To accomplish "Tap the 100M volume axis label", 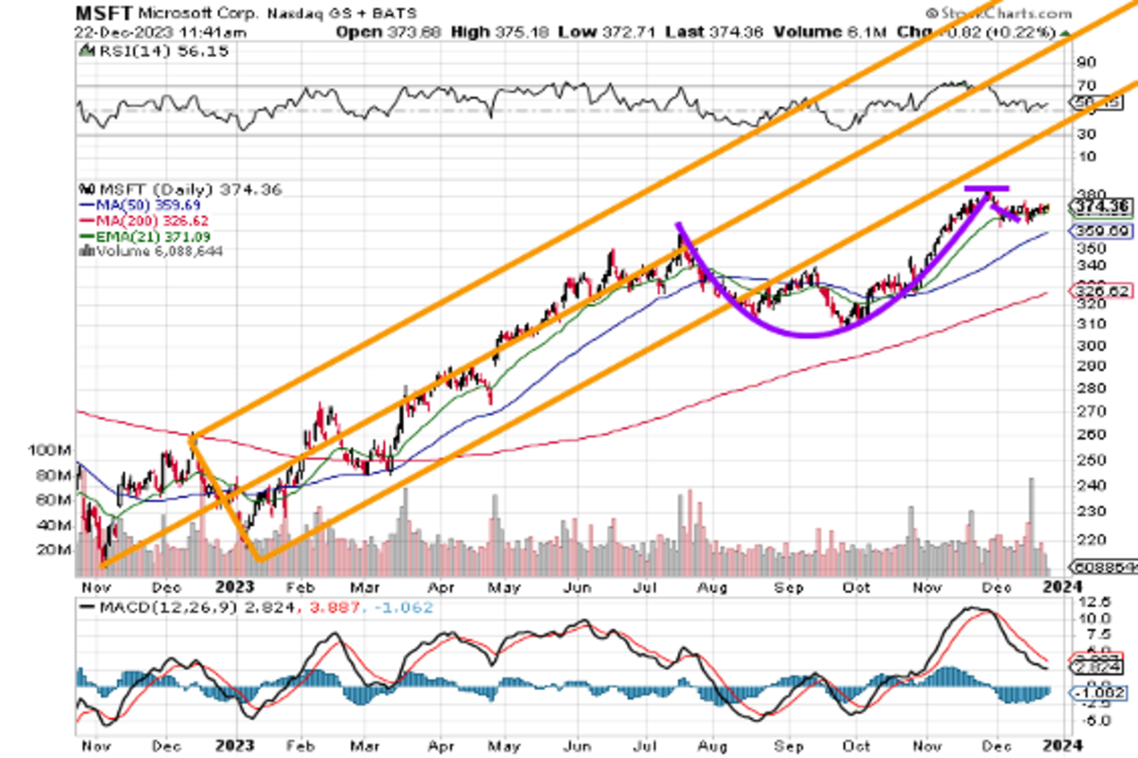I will pyautogui.click(x=48, y=449).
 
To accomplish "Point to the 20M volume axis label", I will pyautogui.click(x=53, y=550).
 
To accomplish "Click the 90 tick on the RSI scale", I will pyautogui.click(x=1085, y=63).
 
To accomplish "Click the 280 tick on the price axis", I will pyautogui.click(x=1082, y=388).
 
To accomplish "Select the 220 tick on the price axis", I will pyautogui.click(x=1082, y=539).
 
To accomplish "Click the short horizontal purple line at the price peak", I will pyautogui.click(x=986, y=189).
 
